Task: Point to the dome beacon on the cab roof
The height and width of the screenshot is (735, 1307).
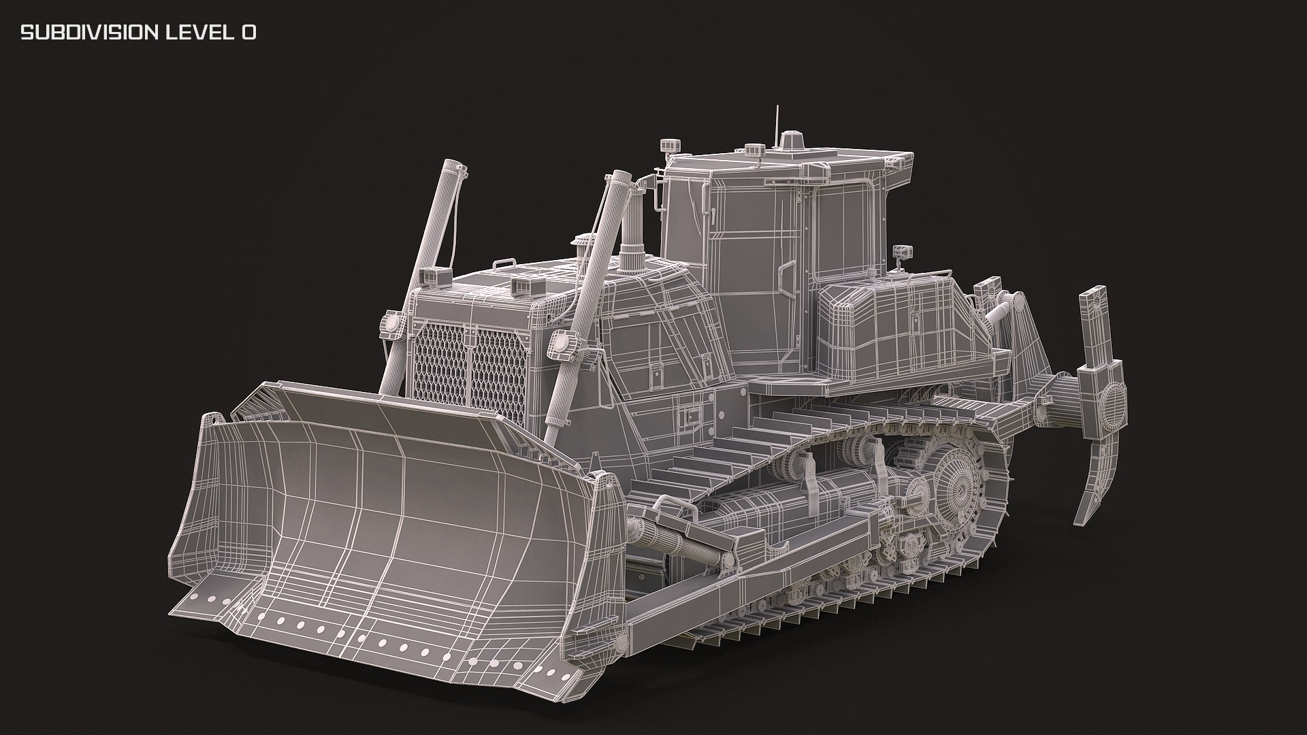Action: click(792, 142)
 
